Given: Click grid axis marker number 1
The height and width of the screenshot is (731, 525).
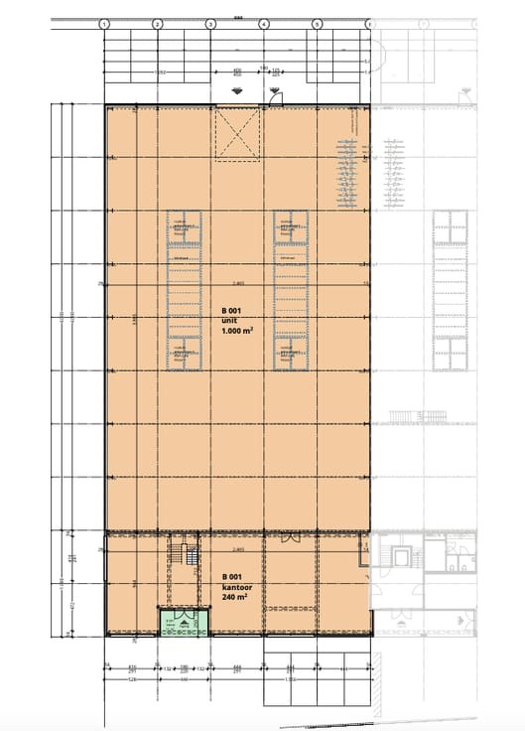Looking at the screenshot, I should pos(105,23).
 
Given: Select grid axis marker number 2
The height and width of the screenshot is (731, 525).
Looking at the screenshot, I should pos(158,23).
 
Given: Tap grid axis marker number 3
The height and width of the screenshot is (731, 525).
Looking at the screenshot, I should pos(210,23).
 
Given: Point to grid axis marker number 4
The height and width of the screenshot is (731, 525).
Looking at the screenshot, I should pos(263,23).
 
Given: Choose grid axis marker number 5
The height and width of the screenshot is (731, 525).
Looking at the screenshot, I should pos(316,23).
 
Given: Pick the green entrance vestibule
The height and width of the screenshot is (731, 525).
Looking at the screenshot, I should pos(183,623).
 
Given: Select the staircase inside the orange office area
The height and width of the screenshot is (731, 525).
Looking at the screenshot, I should pos(182,556).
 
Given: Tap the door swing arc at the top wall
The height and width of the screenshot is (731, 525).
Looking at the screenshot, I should pos(273,96).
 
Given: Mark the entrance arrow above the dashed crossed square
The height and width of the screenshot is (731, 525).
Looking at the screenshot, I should pos(237,93).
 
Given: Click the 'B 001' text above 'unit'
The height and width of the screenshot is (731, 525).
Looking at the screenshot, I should pos(232,310).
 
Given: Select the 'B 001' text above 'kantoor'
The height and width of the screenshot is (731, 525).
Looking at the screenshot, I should pos(232,577).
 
